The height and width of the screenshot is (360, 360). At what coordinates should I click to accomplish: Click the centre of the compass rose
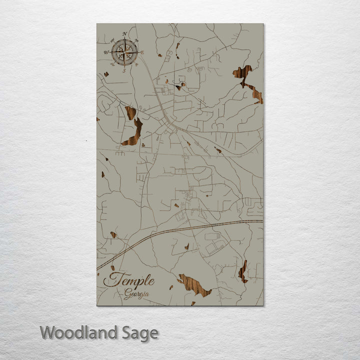tap(124, 51)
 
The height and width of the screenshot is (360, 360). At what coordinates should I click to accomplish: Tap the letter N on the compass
tap(124, 34)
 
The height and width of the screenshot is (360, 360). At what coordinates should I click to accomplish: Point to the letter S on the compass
tap(124, 70)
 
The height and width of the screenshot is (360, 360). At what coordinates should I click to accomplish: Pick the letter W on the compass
tap(106, 51)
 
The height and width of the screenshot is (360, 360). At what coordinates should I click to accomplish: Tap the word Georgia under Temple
tap(136, 294)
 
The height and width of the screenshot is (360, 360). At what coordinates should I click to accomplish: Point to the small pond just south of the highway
tap(186, 246)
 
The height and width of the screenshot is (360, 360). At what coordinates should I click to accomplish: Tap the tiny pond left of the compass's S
tap(106, 74)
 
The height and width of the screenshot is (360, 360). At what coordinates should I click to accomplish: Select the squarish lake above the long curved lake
tap(130, 112)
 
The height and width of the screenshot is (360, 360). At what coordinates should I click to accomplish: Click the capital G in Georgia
tap(127, 294)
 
